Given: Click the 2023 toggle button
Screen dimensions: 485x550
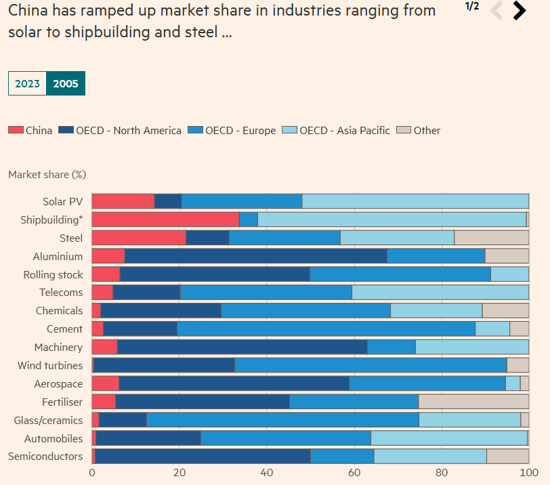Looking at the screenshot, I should (27, 84).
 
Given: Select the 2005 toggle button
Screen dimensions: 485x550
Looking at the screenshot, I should (66, 84).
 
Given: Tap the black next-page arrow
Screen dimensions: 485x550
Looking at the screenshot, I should (520, 10).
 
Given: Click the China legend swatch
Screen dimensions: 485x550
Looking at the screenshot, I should (16, 130).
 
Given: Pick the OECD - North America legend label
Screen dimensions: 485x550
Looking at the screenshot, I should (129, 130).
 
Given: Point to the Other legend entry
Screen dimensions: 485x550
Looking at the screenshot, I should (427, 130).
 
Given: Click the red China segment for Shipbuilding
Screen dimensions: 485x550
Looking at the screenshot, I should (165, 219).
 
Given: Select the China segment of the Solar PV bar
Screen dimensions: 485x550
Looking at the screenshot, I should (123, 201).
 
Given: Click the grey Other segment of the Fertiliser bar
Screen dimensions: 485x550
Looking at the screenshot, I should (473, 402).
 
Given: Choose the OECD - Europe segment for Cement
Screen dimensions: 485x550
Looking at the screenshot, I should (326, 329).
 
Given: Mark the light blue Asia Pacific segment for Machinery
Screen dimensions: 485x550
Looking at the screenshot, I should (471, 347).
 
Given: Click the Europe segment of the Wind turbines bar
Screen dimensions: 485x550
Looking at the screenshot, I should (371, 365).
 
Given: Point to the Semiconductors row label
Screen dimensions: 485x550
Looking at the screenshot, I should (45, 457).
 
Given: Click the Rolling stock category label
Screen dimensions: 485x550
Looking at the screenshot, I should (53, 274).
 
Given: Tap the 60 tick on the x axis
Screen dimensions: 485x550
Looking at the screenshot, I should (354, 472).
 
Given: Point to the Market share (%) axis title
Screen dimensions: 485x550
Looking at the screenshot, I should (47, 175).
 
